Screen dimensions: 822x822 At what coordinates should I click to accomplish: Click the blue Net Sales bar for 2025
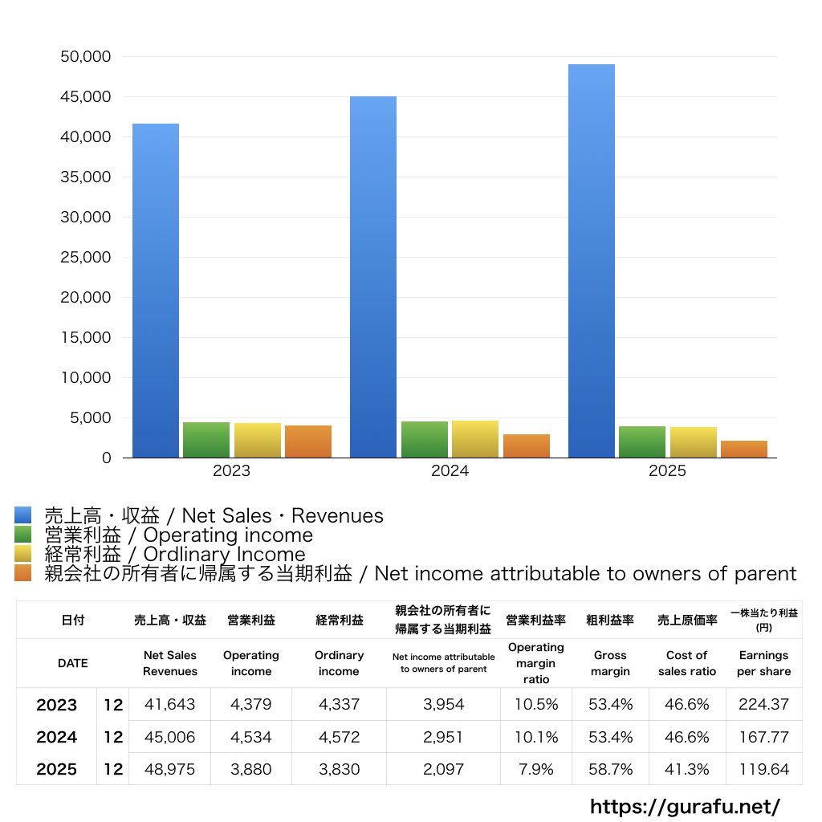(x=592, y=261)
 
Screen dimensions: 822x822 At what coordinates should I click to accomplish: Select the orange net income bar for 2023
(x=308, y=442)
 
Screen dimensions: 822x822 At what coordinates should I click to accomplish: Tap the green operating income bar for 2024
(x=425, y=439)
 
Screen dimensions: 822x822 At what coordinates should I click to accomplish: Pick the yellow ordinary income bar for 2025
(x=693, y=442)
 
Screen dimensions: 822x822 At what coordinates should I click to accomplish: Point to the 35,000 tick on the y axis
(x=85, y=177)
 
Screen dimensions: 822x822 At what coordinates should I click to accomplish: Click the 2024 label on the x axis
(x=450, y=470)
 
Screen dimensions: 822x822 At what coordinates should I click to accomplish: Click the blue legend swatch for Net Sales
(x=23, y=515)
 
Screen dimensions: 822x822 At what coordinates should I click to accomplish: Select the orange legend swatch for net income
(x=23, y=573)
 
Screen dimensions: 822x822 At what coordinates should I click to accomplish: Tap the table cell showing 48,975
(x=170, y=769)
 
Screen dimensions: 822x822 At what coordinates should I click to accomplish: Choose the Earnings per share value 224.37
(x=764, y=704)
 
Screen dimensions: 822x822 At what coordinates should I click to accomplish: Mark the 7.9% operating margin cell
(x=535, y=769)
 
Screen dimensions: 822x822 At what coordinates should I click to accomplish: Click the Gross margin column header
(x=610, y=663)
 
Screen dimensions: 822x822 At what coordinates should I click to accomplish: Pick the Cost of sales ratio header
(x=687, y=663)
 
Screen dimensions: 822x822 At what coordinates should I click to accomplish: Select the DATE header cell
(x=73, y=663)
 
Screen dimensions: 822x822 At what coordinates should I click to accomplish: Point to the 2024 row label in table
(x=57, y=737)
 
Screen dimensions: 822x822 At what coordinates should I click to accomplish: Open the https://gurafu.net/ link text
(x=685, y=806)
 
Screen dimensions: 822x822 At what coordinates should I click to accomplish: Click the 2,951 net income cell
(x=443, y=737)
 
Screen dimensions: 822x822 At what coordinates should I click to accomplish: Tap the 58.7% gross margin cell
(x=610, y=769)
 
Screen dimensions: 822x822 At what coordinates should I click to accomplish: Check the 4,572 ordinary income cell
(x=340, y=737)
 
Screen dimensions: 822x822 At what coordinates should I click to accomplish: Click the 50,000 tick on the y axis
(x=85, y=57)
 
